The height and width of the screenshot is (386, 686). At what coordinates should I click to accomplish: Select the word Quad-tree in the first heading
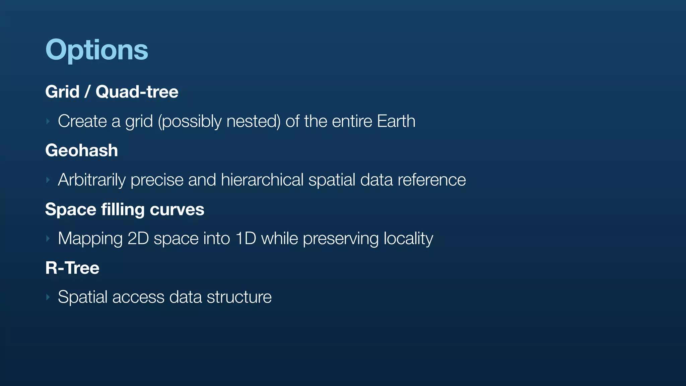tap(137, 92)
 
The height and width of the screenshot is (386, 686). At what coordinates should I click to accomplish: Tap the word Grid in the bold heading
tap(62, 92)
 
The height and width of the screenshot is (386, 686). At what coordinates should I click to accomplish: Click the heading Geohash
tap(81, 150)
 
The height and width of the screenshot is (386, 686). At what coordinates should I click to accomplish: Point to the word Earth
tap(396, 121)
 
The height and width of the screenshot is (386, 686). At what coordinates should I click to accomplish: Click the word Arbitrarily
tap(91, 180)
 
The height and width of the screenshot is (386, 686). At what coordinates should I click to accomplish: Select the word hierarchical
tap(262, 180)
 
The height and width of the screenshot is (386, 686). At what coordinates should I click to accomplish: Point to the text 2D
tap(138, 239)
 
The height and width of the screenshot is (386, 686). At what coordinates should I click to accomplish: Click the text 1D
tap(246, 239)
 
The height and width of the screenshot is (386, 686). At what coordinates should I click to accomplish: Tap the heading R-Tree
tap(72, 268)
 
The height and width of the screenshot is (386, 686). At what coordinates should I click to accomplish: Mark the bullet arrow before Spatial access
tap(48, 297)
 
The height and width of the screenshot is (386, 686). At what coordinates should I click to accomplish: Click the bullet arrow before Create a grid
tap(48, 121)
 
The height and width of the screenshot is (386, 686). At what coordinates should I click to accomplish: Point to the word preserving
tap(341, 239)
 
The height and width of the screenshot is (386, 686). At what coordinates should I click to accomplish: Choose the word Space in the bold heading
tap(70, 209)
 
